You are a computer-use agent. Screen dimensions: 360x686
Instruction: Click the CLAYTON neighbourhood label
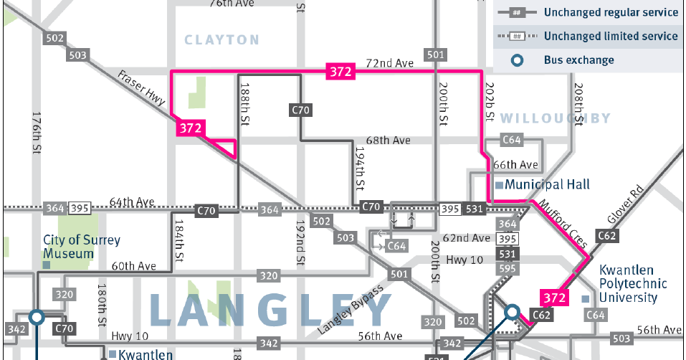(x=221, y=40)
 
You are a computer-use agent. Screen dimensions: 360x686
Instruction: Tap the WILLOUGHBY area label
(x=555, y=118)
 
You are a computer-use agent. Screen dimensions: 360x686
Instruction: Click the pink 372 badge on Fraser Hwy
(x=190, y=128)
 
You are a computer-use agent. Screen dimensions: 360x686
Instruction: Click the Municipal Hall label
(x=547, y=184)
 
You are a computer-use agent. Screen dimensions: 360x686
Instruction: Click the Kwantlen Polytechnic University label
(x=633, y=283)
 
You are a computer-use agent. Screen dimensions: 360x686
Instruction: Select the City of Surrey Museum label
(x=81, y=247)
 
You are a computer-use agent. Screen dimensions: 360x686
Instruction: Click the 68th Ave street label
(x=387, y=140)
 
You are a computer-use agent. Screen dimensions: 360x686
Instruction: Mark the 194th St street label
(x=361, y=169)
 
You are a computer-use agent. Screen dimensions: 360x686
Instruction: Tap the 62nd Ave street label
(x=467, y=238)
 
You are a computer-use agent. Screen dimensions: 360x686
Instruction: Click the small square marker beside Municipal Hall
(x=499, y=185)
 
